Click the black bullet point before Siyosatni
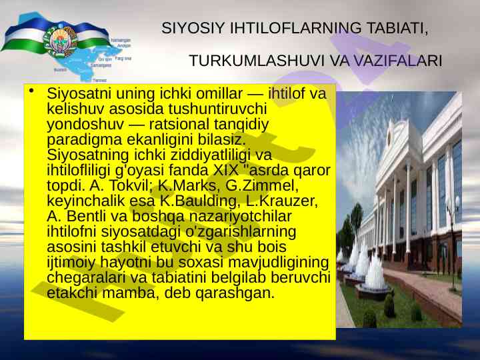(31, 91)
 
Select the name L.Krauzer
(282, 201)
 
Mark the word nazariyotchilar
(240, 216)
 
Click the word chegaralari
(86, 278)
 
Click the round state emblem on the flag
(60, 41)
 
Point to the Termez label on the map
(99, 81)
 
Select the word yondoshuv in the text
(85, 124)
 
